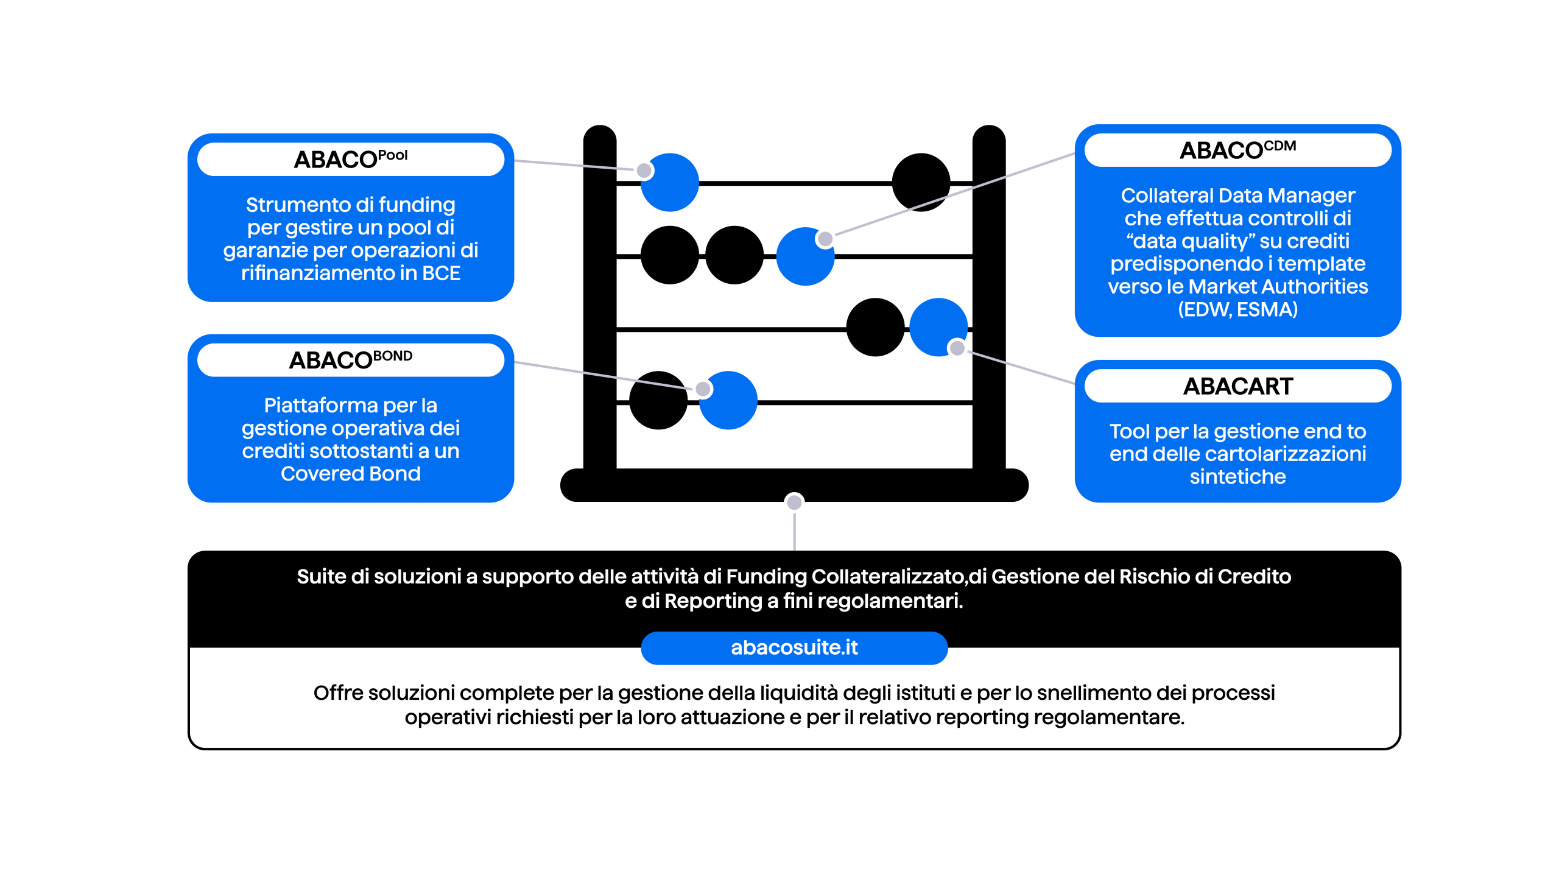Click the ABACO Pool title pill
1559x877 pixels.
pos(351,160)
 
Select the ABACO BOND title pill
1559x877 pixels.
pos(351,360)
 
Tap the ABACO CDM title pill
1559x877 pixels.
pos(1237,150)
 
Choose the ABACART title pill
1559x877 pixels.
pos(1237,386)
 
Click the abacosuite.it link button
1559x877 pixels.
pos(794,647)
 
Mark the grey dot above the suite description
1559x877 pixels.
pos(794,502)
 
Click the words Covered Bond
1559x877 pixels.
pos(351,474)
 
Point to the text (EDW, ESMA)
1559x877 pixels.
pos(1237,309)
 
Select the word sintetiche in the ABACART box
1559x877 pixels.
pos(1237,477)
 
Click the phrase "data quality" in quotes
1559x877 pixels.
pos(1190,241)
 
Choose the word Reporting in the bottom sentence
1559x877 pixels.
pos(713,601)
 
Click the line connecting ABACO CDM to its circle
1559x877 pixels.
pos(950,196)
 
